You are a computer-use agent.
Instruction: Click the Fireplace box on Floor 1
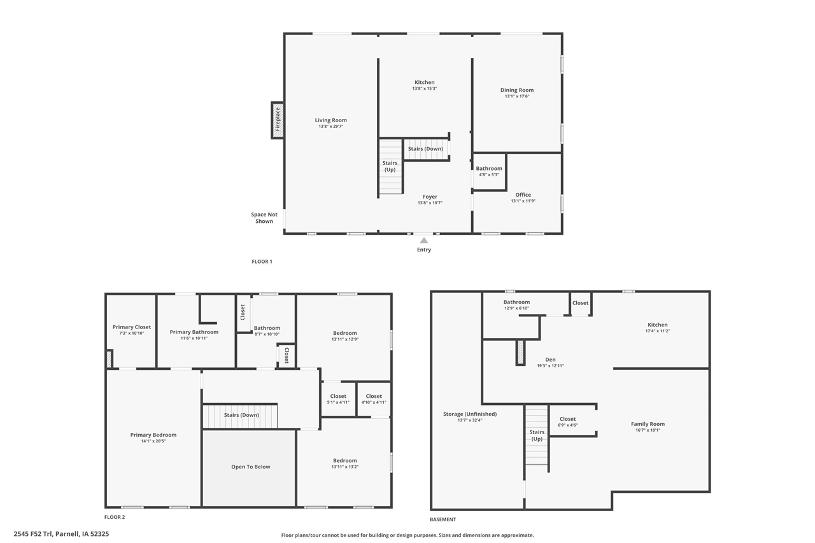(x=278, y=120)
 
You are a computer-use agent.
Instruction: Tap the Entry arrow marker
(x=424, y=241)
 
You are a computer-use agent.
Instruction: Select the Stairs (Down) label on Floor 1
(x=425, y=149)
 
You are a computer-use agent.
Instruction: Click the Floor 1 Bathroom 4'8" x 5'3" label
(x=489, y=171)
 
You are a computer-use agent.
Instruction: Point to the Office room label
(x=523, y=195)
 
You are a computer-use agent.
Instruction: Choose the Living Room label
(x=330, y=120)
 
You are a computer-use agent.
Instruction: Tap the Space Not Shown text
(x=264, y=218)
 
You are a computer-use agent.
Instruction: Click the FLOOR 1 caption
(x=262, y=262)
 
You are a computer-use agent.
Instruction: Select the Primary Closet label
(x=132, y=327)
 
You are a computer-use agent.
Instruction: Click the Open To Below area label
(x=250, y=467)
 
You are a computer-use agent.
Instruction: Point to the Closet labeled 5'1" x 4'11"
(x=338, y=399)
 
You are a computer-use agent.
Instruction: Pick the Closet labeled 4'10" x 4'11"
(x=374, y=399)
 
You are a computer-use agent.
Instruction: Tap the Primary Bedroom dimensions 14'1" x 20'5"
(x=153, y=441)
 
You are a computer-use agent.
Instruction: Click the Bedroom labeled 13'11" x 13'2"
(x=344, y=463)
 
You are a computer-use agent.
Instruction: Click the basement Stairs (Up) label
(x=537, y=435)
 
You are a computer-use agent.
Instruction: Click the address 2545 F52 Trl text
(x=61, y=534)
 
